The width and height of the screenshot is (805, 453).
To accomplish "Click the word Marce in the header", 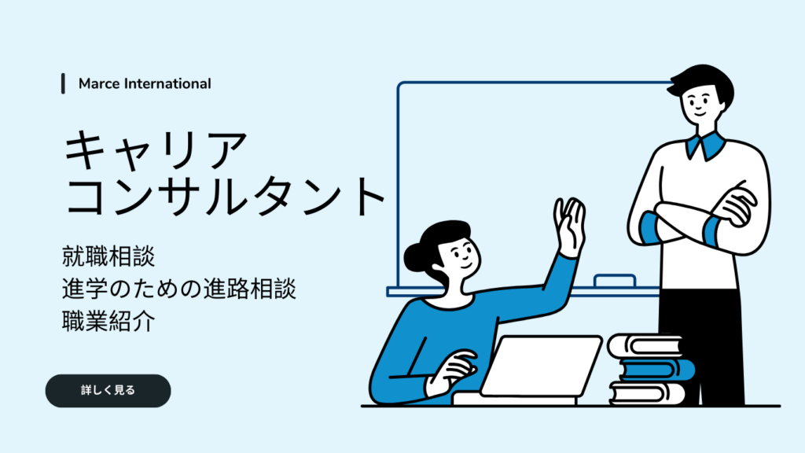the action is (x=99, y=83).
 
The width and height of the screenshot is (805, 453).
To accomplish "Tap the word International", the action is (x=168, y=83).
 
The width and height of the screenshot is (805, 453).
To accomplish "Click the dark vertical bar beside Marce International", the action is (x=63, y=83).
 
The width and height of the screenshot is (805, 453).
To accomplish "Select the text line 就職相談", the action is (x=108, y=256).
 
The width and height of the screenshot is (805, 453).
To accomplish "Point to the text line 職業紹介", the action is (x=108, y=322).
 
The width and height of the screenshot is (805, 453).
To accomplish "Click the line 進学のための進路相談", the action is (x=178, y=289).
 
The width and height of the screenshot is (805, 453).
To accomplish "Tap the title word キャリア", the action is (x=156, y=150).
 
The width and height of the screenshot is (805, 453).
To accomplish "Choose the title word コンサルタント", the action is (x=225, y=196).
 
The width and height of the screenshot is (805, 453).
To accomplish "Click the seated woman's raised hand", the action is (x=570, y=226).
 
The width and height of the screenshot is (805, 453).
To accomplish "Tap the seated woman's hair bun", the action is (x=415, y=256).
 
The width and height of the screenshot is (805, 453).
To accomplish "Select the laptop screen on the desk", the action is (x=541, y=365).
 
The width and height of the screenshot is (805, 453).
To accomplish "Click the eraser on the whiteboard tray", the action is (x=615, y=281).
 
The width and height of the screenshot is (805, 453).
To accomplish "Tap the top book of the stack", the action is (x=645, y=346).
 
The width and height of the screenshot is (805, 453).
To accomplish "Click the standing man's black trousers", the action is (x=700, y=348).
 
